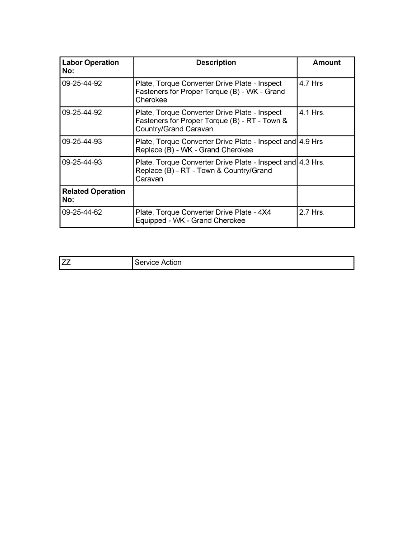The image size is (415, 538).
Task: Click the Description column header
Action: pos(216,63)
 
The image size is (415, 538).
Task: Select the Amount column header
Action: pos(326,63)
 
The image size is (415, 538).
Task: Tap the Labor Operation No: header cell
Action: pos(90,67)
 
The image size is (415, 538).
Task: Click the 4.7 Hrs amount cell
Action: pos(311,84)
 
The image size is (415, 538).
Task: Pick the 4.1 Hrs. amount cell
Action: pos(312,113)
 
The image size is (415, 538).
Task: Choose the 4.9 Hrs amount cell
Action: pos(311,142)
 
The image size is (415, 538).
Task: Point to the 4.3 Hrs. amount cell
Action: pos(312,163)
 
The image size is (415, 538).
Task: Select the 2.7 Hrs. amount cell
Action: pos(312,212)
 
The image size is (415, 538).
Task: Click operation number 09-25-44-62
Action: pos(82,212)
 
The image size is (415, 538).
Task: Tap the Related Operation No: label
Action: pos(93,195)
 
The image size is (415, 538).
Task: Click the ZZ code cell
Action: pos(66,263)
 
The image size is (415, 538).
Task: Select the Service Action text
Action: pos(158,263)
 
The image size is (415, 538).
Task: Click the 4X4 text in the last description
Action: pos(264,212)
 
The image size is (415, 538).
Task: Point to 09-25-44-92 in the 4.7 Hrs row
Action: pos(82,84)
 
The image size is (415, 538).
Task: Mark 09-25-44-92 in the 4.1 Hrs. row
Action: pos(82,113)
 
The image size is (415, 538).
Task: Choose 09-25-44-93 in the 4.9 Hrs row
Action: pos(82,142)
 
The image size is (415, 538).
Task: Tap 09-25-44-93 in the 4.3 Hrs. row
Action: pos(82,163)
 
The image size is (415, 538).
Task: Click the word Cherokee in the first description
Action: pos(151,100)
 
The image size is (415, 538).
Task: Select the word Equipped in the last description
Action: pos(151,221)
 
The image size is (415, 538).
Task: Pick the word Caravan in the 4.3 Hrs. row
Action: pos(150,179)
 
